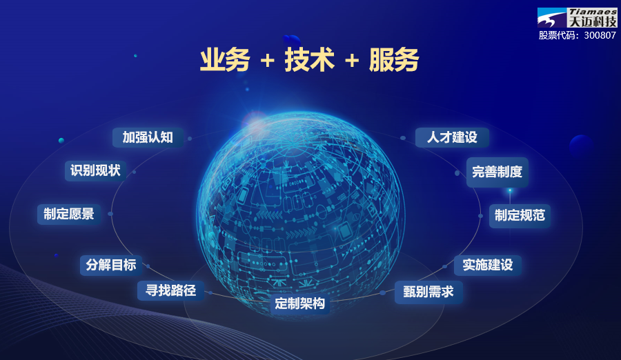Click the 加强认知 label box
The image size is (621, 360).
tap(148, 137)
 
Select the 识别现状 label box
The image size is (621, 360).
tap(95, 170)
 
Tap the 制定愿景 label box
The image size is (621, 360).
tap(69, 214)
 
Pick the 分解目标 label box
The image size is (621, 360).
tap(111, 265)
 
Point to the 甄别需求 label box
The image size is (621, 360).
tap(428, 292)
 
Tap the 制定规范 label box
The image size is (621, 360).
tap(520, 215)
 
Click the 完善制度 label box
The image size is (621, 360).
tap(497, 172)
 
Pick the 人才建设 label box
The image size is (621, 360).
tap(452, 137)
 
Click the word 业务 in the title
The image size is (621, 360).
tap(225, 61)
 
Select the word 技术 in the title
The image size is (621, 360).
tap(310, 61)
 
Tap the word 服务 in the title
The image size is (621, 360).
tap(394, 61)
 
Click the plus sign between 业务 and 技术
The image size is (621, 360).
tap(268, 61)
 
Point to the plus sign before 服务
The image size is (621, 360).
tap(352, 61)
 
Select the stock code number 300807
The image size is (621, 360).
tap(600, 35)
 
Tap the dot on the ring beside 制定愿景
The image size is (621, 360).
tap(110, 214)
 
